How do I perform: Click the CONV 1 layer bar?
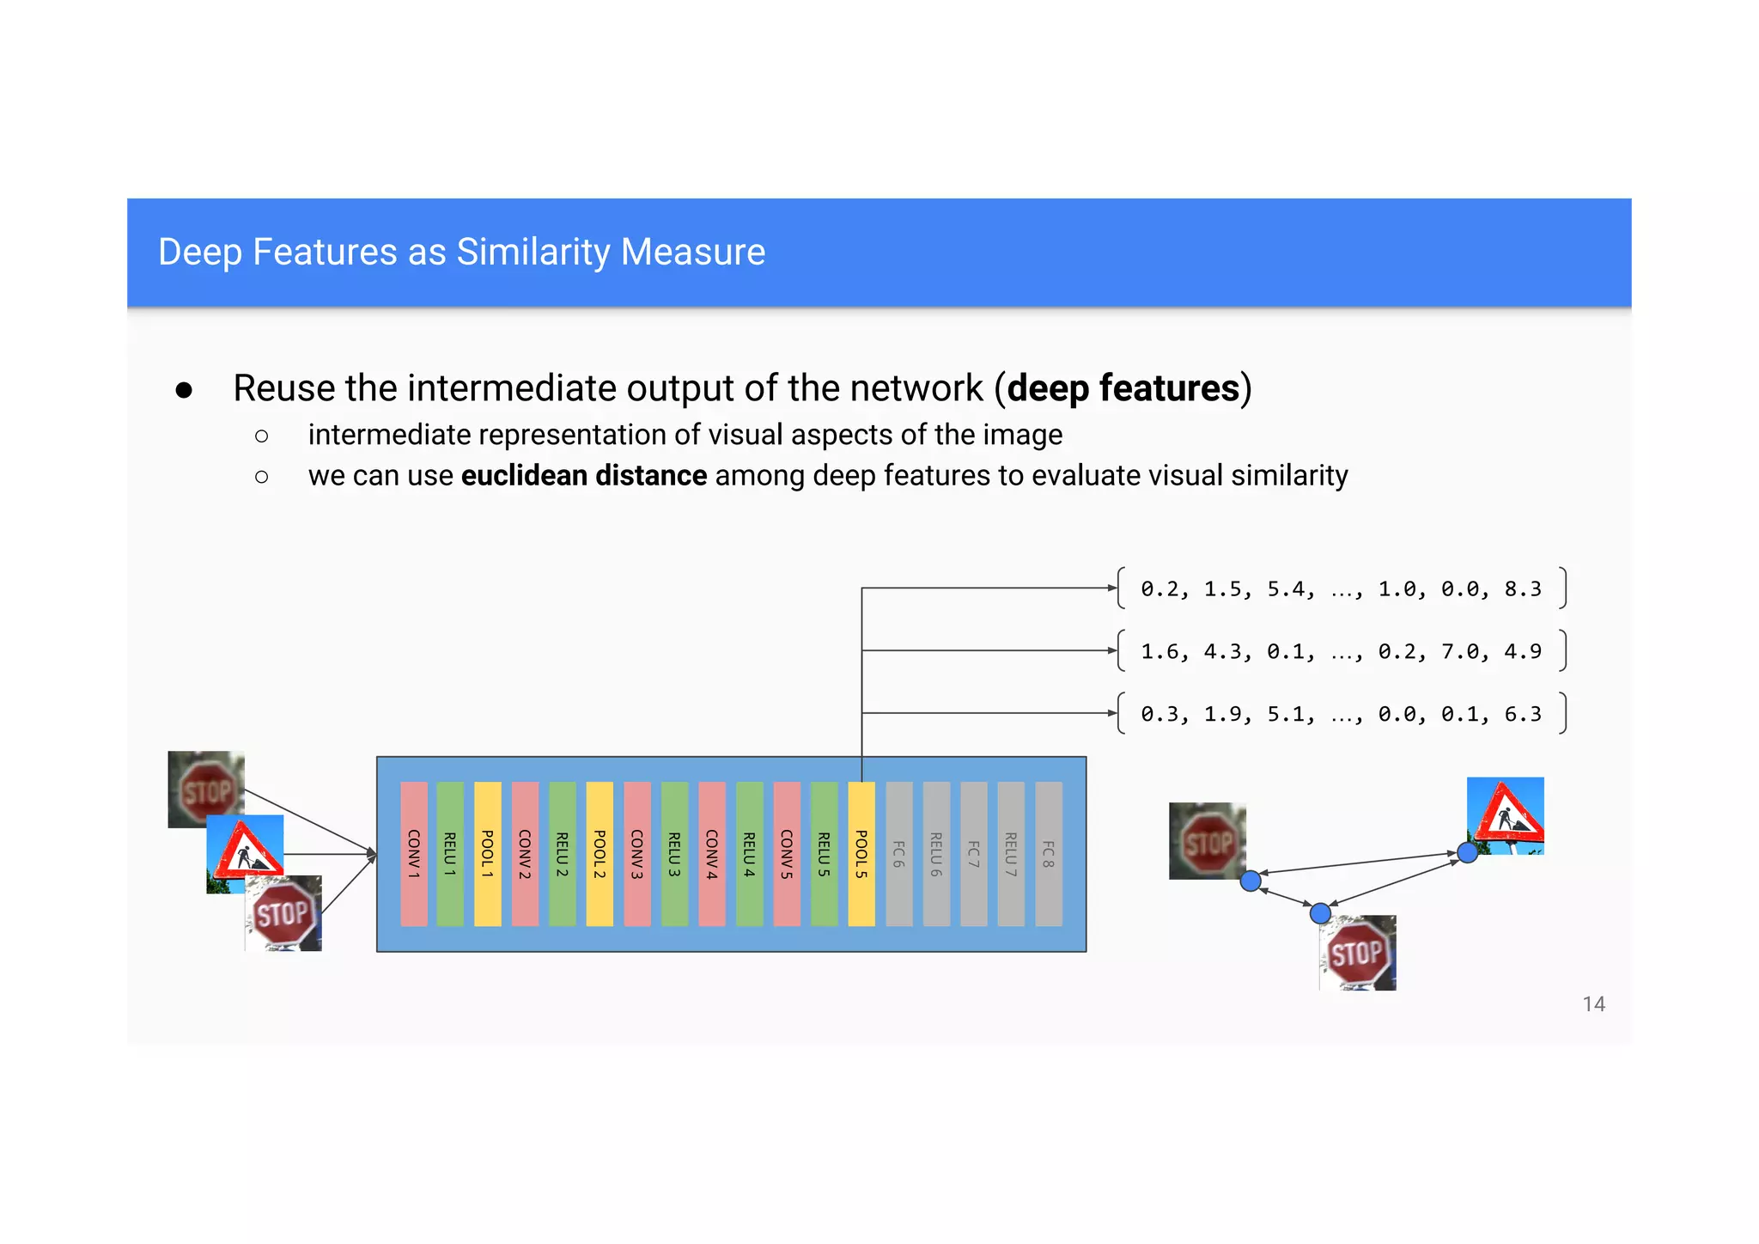[x=414, y=854]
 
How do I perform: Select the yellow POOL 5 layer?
[x=861, y=854]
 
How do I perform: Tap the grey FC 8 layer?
[x=1049, y=854]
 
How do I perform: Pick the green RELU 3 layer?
[x=675, y=854]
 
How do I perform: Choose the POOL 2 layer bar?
[x=600, y=854]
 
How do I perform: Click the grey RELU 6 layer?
[x=936, y=854]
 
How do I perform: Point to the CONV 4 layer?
[x=712, y=854]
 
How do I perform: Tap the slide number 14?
[x=1594, y=1004]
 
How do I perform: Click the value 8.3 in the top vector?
[x=1523, y=589]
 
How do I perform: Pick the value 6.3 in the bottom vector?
[x=1523, y=714]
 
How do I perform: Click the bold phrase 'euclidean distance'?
[x=584, y=476]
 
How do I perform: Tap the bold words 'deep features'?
[x=1123, y=388]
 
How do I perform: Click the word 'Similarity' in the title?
[x=533, y=252]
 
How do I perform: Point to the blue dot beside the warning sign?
[x=1468, y=853]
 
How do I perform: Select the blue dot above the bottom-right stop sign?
[x=1321, y=913]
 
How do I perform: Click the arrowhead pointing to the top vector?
[x=1111, y=588]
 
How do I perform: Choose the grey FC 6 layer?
[x=898, y=854]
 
